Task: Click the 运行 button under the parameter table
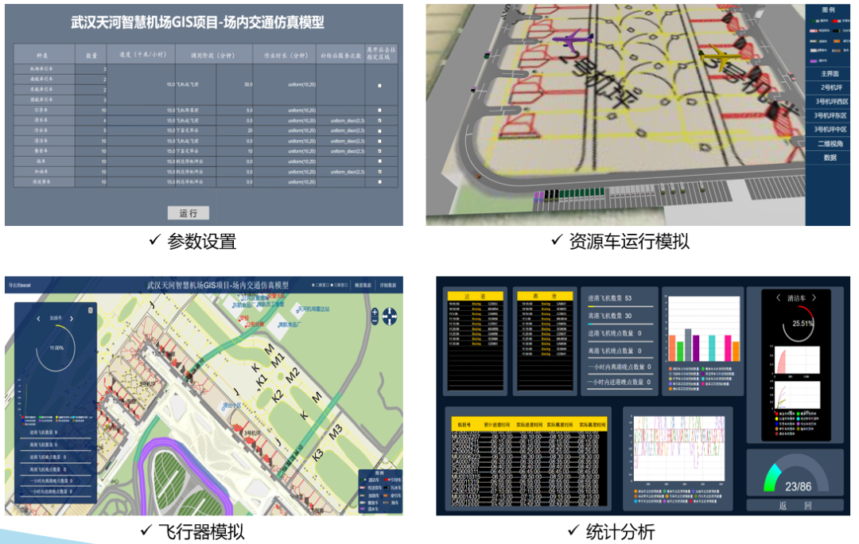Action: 189,212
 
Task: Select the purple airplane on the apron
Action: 573,39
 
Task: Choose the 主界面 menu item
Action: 830,73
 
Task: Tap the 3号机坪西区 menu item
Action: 831,101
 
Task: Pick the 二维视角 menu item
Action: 830,143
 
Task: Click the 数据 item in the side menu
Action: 830,157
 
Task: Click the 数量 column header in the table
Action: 91,55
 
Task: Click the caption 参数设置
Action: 201,241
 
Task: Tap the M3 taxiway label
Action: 336,430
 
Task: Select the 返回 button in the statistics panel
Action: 796,505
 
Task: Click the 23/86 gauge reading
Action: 798,486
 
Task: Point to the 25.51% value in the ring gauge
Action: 797,324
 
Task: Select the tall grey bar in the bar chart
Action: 688,344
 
